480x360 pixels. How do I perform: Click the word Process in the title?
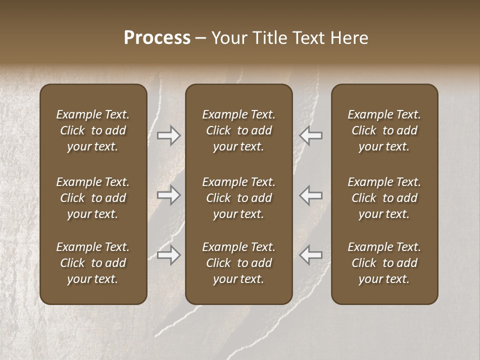point(157,38)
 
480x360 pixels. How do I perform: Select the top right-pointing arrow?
point(169,135)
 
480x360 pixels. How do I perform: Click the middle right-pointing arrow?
point(169,195)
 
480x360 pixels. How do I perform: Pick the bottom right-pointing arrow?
point(169,255)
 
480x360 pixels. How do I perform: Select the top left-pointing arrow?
point(311,135)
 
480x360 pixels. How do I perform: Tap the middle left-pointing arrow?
point(311,195)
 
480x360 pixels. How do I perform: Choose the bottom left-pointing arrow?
point(311,255)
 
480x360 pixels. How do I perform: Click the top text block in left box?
point(93,130)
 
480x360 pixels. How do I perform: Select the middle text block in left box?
point(93,198)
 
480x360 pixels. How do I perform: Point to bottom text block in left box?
point(93,263)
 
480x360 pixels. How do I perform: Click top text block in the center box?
point(239,130)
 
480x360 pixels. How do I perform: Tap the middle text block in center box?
point(239,198)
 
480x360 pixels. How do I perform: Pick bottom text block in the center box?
point(239,263)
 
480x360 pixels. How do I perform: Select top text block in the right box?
point(384,130)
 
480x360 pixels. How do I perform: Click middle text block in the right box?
point(384,198)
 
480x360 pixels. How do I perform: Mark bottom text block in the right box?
point(384,263)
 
